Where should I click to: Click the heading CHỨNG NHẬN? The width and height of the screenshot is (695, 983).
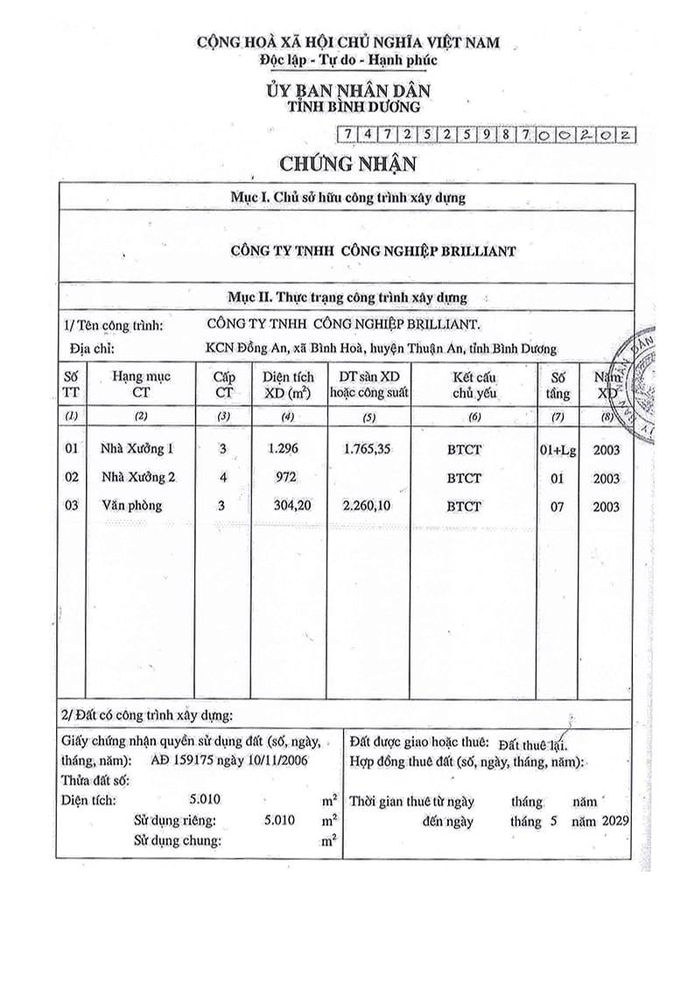[347, 163]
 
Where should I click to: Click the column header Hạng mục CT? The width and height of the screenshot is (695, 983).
[141, 384]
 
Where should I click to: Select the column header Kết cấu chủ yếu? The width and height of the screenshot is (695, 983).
[474, 384]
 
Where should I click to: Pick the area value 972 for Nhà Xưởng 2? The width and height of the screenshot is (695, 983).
[284, 478]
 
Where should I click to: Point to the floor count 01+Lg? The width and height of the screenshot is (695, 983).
[557, 450]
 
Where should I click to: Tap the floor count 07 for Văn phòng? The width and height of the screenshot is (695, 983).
[557, 506]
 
